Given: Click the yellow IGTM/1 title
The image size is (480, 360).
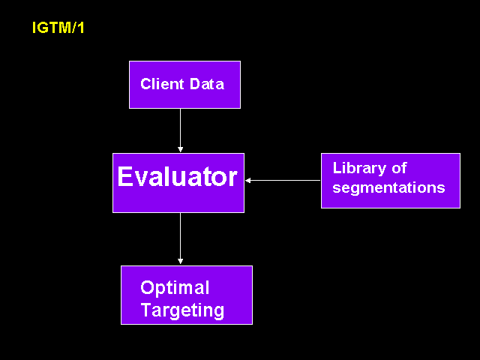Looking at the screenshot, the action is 58,28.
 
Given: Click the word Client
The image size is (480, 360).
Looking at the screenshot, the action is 162,84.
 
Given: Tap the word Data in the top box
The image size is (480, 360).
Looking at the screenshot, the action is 207,84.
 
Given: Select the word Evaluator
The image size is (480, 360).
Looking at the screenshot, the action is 177,176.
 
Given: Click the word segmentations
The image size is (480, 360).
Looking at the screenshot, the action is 388,187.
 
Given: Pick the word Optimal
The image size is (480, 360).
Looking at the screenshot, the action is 175,287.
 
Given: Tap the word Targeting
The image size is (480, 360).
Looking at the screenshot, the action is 182,310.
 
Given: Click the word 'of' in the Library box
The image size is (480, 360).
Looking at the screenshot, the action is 399,168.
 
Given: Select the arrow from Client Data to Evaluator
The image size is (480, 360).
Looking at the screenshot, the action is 180,130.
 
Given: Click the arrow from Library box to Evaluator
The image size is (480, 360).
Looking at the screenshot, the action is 283,180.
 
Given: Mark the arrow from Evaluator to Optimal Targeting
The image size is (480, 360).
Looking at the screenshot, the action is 180,238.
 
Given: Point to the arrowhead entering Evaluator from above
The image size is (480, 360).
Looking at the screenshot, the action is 180,149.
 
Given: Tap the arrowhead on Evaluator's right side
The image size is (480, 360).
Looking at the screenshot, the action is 248,180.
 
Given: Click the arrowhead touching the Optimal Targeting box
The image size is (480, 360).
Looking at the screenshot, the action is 180,261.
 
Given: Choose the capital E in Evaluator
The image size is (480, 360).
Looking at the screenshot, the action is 124,176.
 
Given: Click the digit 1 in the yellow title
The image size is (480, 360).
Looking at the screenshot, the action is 80,28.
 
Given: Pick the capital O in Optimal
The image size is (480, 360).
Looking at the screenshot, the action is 147,288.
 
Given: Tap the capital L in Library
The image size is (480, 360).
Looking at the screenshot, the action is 337,168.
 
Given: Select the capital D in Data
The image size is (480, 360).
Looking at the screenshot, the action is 195,84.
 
